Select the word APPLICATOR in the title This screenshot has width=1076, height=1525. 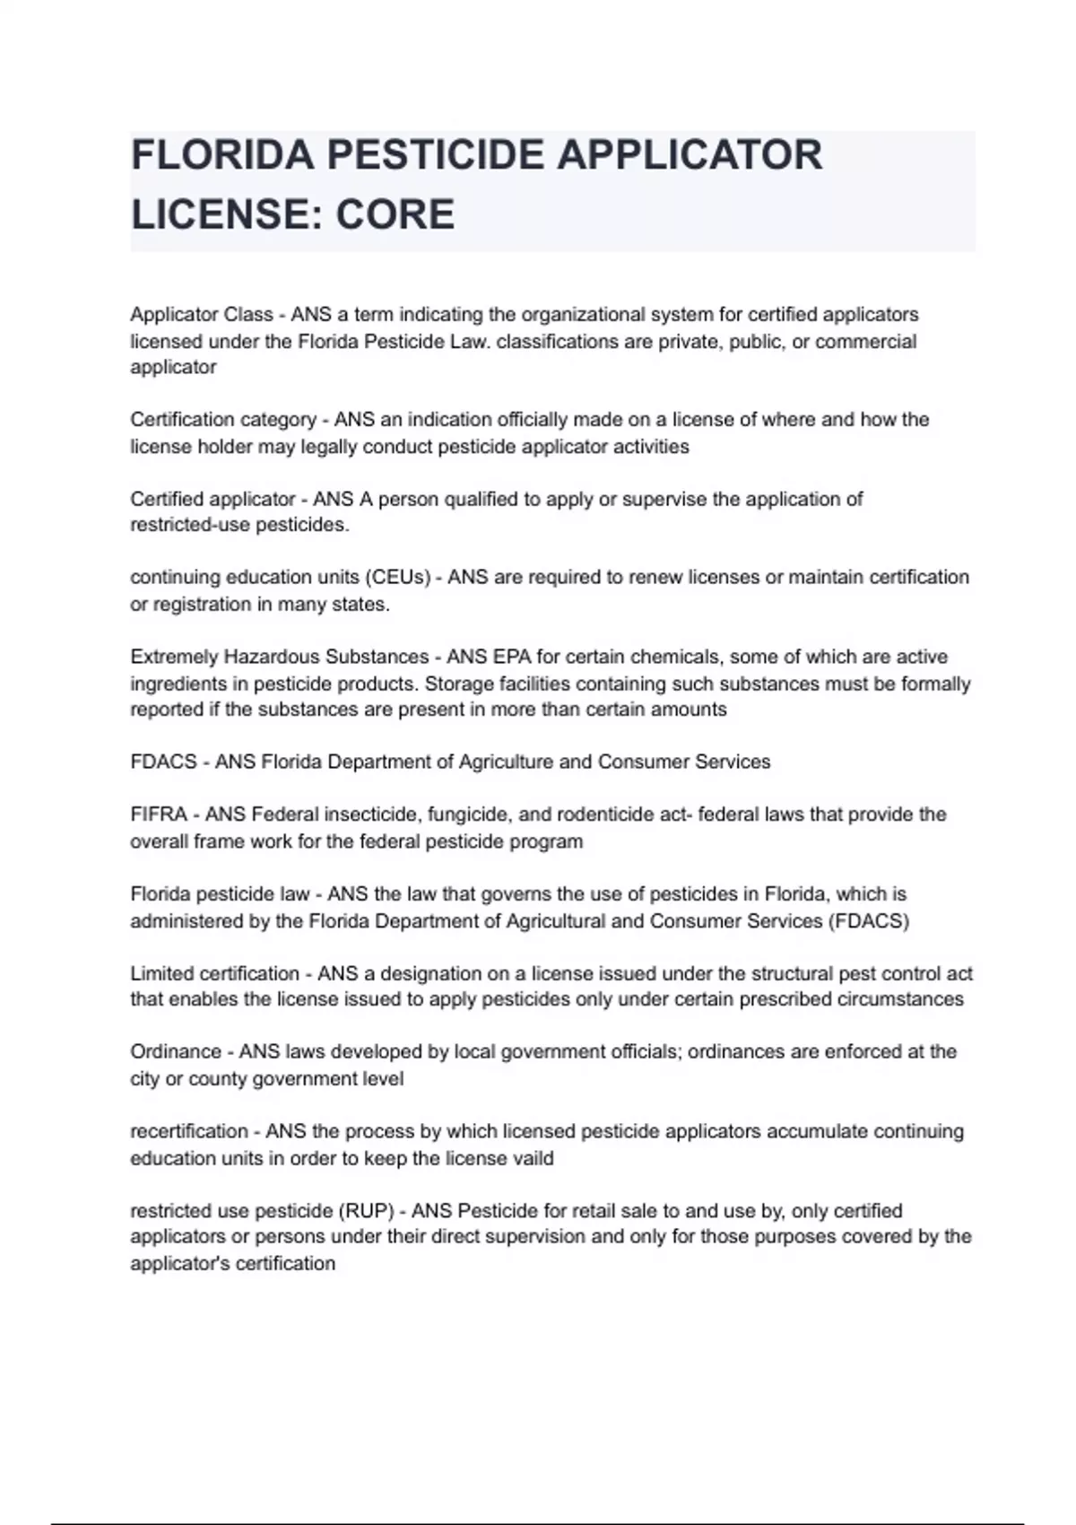pyautogui.click(x=690, y=155)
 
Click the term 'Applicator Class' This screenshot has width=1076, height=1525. pyautogui.click(x=202, y=315)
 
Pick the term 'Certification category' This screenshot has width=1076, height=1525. pyautogui.click(x=223, y=420)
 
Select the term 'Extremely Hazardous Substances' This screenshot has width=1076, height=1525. pyautogui.click(x=280, y=657)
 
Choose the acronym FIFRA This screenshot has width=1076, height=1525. pyautogui.click(x=159, y=815)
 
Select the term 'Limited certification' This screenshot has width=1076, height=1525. pyautogui.click(x=215, y=973)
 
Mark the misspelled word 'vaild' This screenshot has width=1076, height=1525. pyautogui.click(x=532, y=1158)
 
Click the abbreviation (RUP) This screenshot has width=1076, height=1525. pyautogui.click(x=366, y=1211)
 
